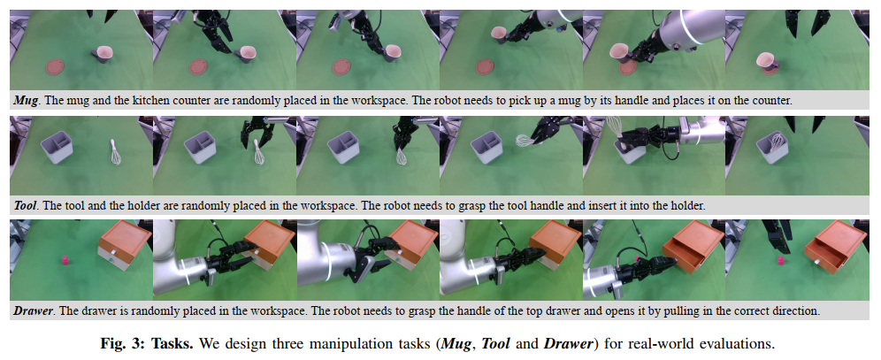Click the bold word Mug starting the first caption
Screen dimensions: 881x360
(x=26, y=101)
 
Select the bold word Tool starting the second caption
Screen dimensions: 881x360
(x=26, y=205)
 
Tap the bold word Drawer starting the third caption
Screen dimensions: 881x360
(x=32, y=310)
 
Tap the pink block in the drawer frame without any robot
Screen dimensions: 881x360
(x=65, y=260)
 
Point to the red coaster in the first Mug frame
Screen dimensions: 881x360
(x=55, y=67)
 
